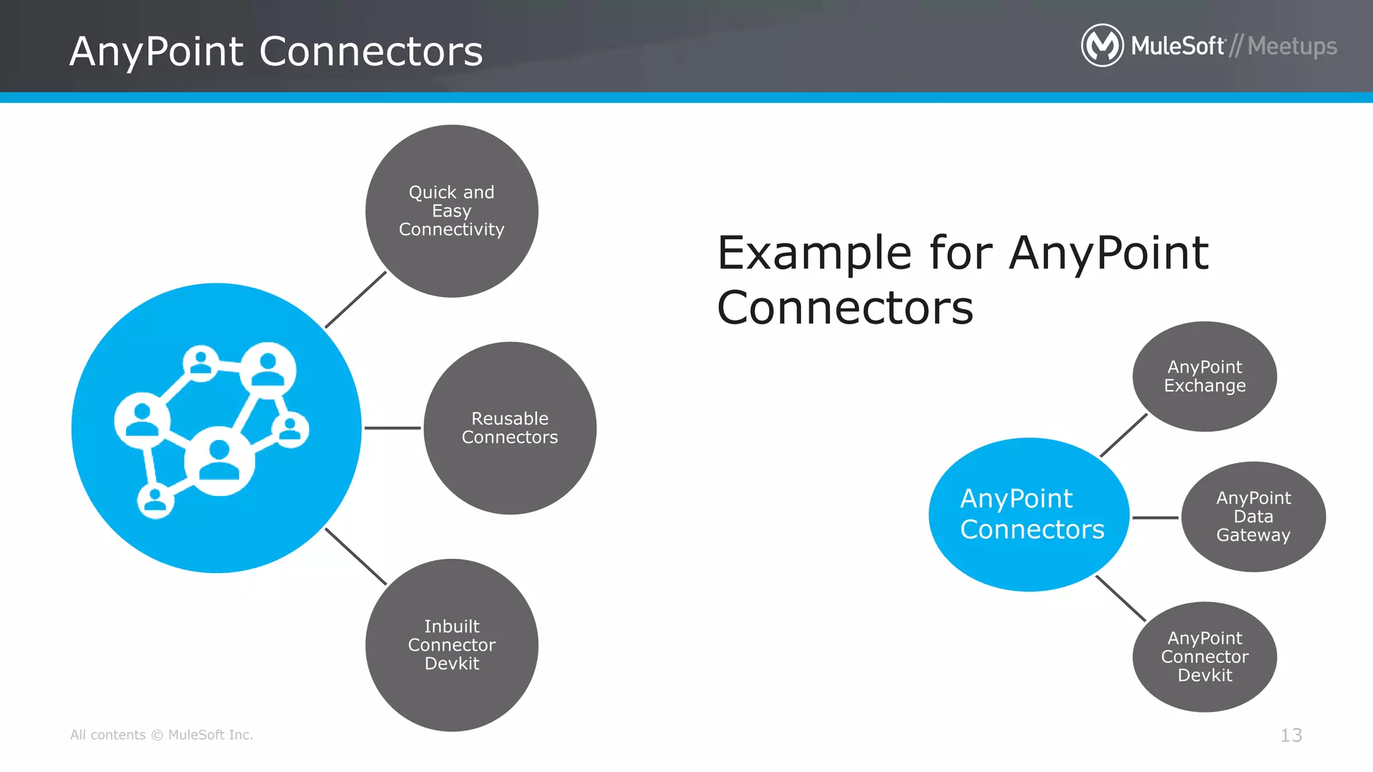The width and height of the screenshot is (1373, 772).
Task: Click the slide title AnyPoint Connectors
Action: (x=276, y=52)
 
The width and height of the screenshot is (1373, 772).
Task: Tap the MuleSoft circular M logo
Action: (x=1101, y=46)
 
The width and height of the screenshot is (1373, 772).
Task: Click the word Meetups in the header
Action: (x=1292, y=46)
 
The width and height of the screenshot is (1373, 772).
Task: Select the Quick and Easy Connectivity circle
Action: (x=452, y=211)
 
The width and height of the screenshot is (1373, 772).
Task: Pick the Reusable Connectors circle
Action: (x=510, y=428)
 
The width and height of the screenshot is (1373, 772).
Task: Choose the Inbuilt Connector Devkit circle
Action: (x=452, y=645)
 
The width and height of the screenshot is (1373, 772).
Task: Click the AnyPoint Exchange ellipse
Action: (x=1205, y=377)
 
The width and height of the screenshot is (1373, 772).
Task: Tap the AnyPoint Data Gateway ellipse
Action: (x=1253, y=517)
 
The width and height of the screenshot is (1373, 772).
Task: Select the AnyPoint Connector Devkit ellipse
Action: (x=1205, y=657)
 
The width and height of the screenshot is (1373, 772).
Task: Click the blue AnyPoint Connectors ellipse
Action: (x=1029, y=515)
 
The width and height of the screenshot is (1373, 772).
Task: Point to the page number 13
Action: (x=1291, y=735)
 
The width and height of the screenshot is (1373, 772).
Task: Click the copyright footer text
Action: (x=162, y=735)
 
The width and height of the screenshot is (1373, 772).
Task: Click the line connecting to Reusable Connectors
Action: (x=392, y=428)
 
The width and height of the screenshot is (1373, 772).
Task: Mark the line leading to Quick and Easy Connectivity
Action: (x=355, y=300)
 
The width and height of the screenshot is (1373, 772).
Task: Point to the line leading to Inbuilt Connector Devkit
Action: (x=355, y=556)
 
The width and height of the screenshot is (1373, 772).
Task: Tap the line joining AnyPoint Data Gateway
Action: (x=1154, y=517)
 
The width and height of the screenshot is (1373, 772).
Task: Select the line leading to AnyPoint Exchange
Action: (x=1124, y=436)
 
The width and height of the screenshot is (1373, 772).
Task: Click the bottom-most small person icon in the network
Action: (x=156, y=500)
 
